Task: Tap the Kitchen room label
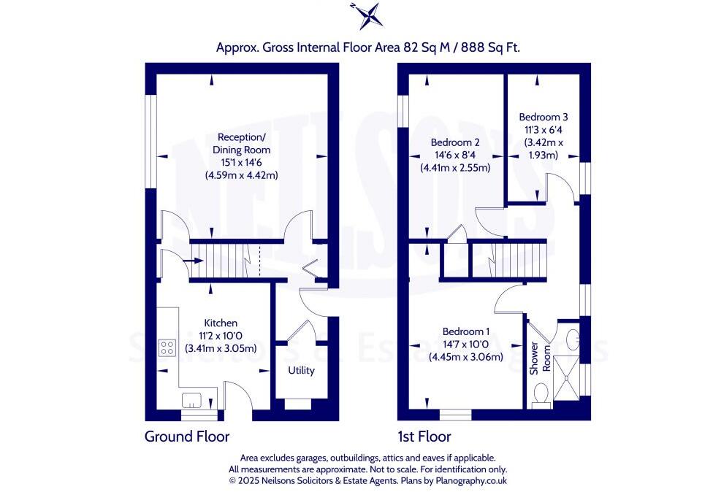pyautogui.click(x=220, y=323)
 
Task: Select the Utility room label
pyautogui.click(x=301, y=371)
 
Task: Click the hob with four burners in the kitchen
pyautogui.click(x=167, y=348)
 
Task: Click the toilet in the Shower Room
pyautogui.click(x=541, y=395)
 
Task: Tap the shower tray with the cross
pyautogui.click(x=569, y=377)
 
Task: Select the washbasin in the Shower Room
pyautogui.click(x=572, y=339)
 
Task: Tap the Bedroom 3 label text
pyautogui.click(x=543, y=117)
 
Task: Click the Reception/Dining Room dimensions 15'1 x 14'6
pyautogui.click(x=242, y=163)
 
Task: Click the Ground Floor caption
pyautogui.click(x=187, y=437)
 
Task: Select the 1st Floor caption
pyautogui.click(x=424, y=437)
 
